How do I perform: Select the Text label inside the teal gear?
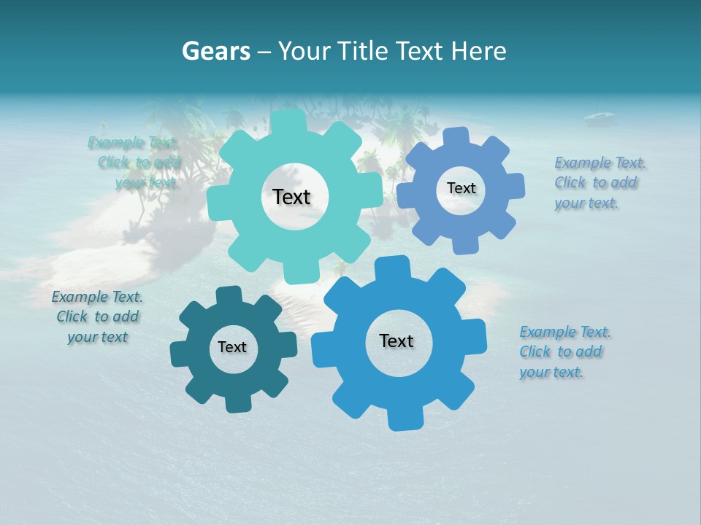(291, 197)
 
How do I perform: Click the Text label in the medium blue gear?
(461, 188)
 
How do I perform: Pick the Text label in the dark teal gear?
(232, 347)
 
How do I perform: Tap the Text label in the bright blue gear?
(397, 341)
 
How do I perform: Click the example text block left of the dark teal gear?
(97, 316)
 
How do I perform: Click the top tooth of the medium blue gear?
(457, 137)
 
